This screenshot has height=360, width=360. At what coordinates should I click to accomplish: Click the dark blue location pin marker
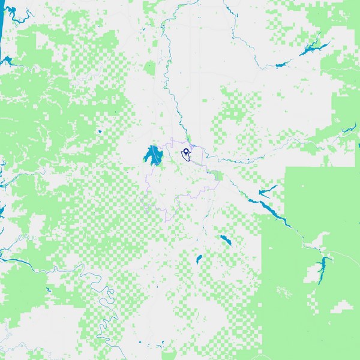click(x=186, y=151)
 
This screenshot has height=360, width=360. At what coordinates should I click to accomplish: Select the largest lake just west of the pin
click(x=153, y=156)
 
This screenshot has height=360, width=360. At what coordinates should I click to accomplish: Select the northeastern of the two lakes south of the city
click(x=225, y=241)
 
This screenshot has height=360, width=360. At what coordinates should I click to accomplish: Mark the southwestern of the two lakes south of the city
click(x=199, y=259)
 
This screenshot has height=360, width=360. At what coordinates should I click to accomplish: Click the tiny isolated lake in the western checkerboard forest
click(x=99, y=131)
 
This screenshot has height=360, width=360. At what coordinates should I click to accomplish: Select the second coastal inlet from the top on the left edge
click(x=7, y=60)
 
